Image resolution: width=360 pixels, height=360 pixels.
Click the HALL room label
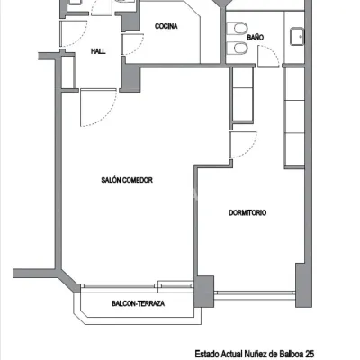click(x=98, y=51)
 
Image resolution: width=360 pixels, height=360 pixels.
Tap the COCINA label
click(x=166, y=26)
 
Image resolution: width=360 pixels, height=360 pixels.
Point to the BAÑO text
click(x=256, y=38)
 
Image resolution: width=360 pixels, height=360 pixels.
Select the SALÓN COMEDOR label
click(x=127, y=180)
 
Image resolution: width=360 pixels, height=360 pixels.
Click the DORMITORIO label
click(x=247, y=212)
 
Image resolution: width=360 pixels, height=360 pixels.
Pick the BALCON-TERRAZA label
click(x=139, y=303)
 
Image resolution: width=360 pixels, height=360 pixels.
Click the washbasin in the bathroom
click(x=297, y=37)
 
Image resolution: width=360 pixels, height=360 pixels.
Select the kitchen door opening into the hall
click(x=132, y=44)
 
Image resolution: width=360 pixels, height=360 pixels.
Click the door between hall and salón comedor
click(x=98, y=107)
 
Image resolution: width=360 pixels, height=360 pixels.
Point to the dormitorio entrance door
click(x=243, y=145)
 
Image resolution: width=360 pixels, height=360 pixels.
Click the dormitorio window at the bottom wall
click(x=255, y=292)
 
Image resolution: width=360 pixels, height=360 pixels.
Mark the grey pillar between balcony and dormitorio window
click(x=204, y=292)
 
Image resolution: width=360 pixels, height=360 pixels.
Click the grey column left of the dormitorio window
click(x=204, y=292)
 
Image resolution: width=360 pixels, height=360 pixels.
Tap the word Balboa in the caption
click(x=290, y=354)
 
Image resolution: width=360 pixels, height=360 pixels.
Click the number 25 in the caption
click(x=310, y=354)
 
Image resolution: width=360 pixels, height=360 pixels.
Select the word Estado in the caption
click(x=207, y=354)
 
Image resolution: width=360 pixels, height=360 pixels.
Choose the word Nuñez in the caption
click(x=255, y=354)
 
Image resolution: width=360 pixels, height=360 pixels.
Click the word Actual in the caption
click(x=231, y=354)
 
